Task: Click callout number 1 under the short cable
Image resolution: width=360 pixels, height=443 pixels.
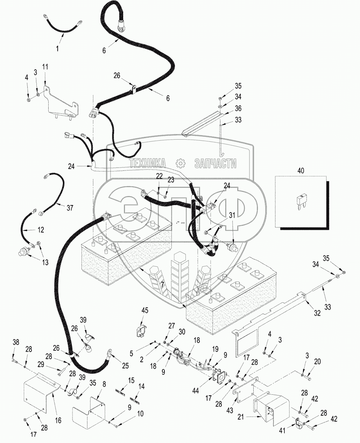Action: [x=58, y=49]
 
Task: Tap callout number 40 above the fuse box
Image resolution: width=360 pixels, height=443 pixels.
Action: [x=301, y=171]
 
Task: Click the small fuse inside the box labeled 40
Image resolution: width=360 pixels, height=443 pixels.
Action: [x=300, y=203]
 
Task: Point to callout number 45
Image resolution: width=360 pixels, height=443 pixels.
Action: [x=145, y=311]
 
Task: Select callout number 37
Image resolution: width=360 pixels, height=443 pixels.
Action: [x=70, y=208]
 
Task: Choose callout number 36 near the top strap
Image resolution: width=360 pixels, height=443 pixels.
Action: [x=238, y=108]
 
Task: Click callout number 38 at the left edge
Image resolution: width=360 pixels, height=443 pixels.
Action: [x=15, y=342]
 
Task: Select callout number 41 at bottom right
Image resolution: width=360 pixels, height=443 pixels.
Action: [x=282, y=431]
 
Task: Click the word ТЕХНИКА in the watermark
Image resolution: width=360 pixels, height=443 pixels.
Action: [x=147, y=163]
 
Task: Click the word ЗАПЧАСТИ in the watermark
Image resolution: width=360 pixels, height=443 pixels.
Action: [x=215, y=163]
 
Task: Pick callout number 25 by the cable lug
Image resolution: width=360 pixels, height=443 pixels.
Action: [x=125, y=366]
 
